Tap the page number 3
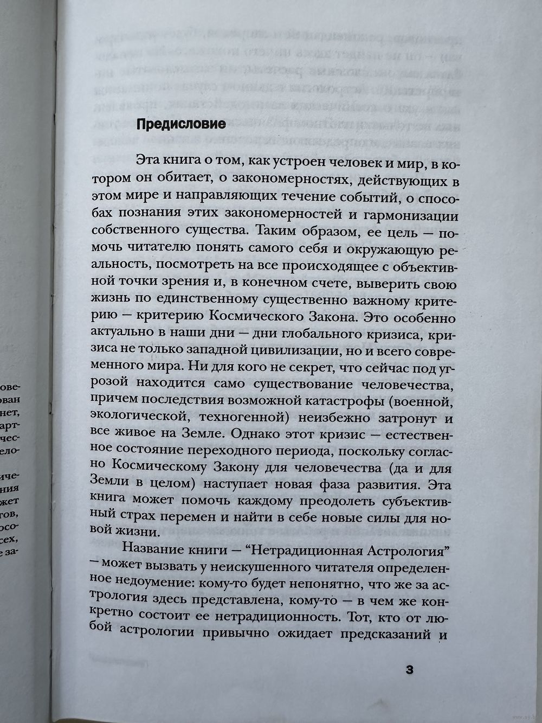point(410,669)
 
